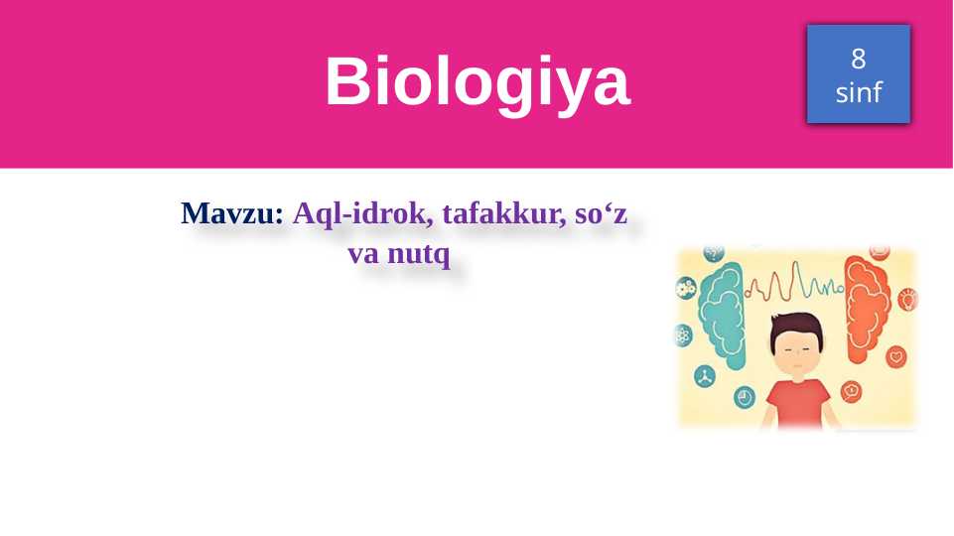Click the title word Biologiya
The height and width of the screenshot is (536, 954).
[x=477, y=81]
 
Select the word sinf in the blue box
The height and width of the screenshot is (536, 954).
[x=859, y=93]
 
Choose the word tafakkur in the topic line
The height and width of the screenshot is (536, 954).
[x=494, y=214]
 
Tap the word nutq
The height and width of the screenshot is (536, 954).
[x=419, y=255]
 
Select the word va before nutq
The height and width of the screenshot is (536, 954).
[x=364, y=255]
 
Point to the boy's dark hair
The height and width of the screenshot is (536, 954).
[x=799, y=325]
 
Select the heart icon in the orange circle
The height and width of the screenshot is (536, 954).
[x=896, y=355]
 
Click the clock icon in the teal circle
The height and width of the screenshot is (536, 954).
[x=745, y=397]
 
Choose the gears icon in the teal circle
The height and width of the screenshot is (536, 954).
[x=685, y=289]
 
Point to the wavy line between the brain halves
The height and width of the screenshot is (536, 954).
[x=794, y=288]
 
